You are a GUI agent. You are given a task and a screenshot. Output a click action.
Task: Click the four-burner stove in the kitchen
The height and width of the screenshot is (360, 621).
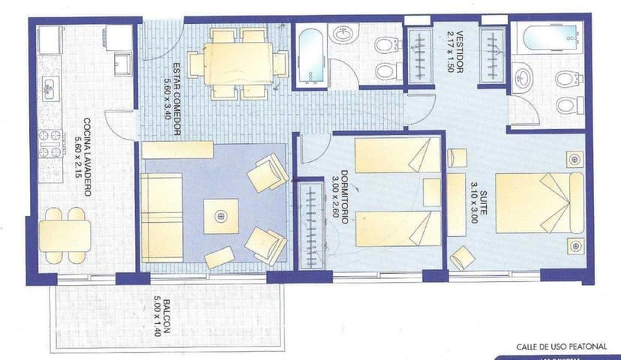[x=49, y=144]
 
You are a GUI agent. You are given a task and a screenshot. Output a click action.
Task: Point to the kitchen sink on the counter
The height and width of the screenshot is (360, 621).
[x=49, y=88]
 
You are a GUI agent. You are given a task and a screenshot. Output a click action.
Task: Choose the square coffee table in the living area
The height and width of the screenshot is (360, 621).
[x=220, y=216]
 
